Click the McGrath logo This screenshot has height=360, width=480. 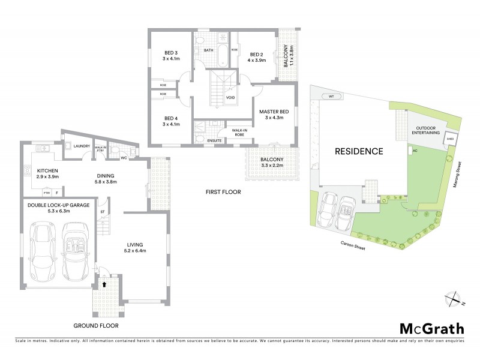431,328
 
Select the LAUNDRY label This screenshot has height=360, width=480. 82,146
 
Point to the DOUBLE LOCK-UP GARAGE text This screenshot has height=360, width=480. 58,205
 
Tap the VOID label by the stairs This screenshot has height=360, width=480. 230,97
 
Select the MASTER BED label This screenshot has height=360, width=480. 274,112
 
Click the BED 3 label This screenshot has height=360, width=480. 171,53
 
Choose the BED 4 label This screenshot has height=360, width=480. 171,118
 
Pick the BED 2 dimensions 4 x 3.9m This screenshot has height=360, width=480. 257,60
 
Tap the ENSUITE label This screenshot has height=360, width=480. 214,140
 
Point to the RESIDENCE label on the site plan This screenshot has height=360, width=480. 359,151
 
